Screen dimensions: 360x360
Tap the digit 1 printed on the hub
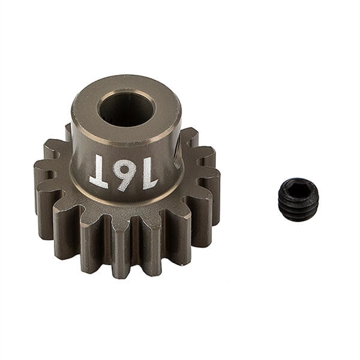149,173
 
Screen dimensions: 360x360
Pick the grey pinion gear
126,187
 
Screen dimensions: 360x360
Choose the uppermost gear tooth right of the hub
188,137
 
